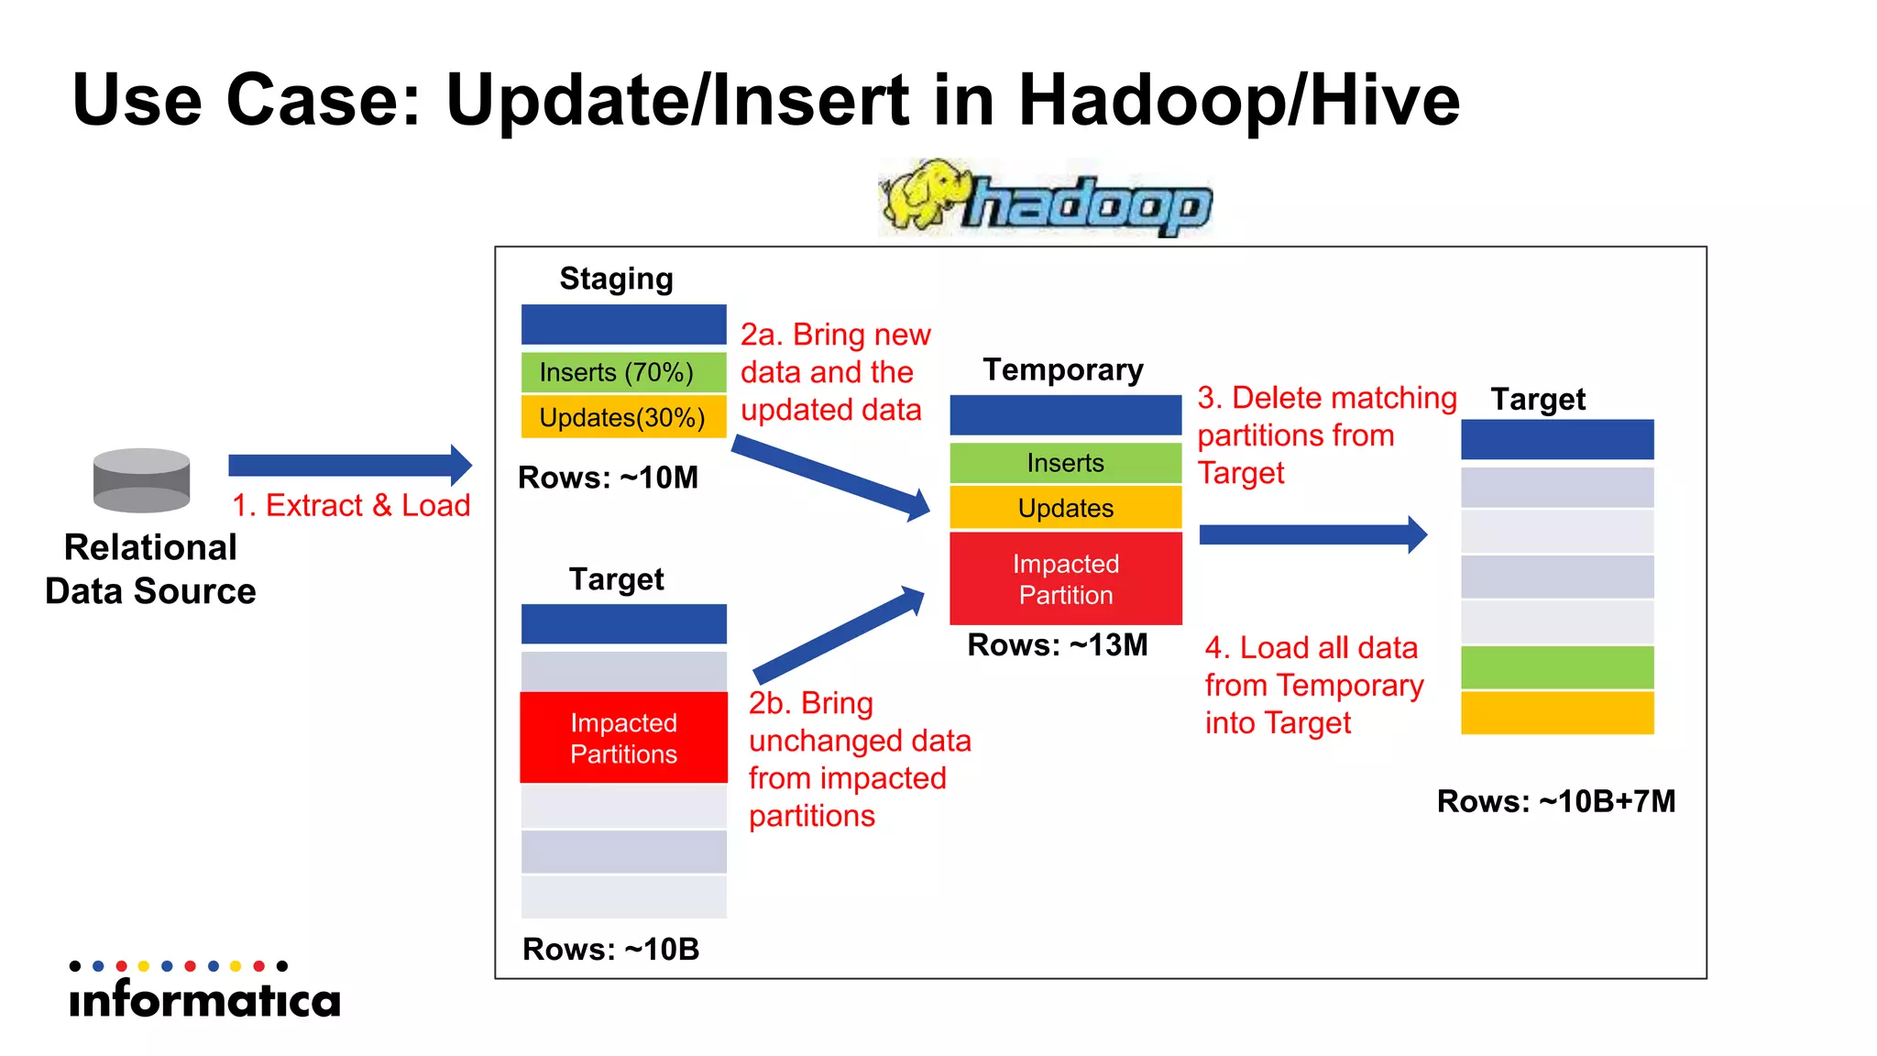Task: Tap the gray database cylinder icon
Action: [x=141, y=479]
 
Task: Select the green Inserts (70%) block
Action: [x=623, y=372]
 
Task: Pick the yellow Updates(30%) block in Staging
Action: [x=623, y=417]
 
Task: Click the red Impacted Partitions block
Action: [x=623, y=738]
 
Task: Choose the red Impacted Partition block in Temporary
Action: [x=1065, y=578]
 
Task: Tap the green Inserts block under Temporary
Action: [x=1065, y=463]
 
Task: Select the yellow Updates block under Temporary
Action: [x=1065, y=508]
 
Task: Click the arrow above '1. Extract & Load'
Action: [x=348, y=465]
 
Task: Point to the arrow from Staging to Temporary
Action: [x=829, y=478]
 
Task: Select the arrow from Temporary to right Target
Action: [x=1311, y=534]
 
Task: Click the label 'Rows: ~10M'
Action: [x=608, y=478]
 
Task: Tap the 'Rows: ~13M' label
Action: [x=1057, y=645]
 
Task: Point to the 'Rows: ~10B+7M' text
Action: [x=1555, y=801]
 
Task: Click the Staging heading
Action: [x=616, y=279]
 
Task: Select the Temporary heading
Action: [x=1063, y=369]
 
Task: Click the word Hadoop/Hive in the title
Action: [x=1238, y=100]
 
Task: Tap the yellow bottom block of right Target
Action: [x=1556, y=712]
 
